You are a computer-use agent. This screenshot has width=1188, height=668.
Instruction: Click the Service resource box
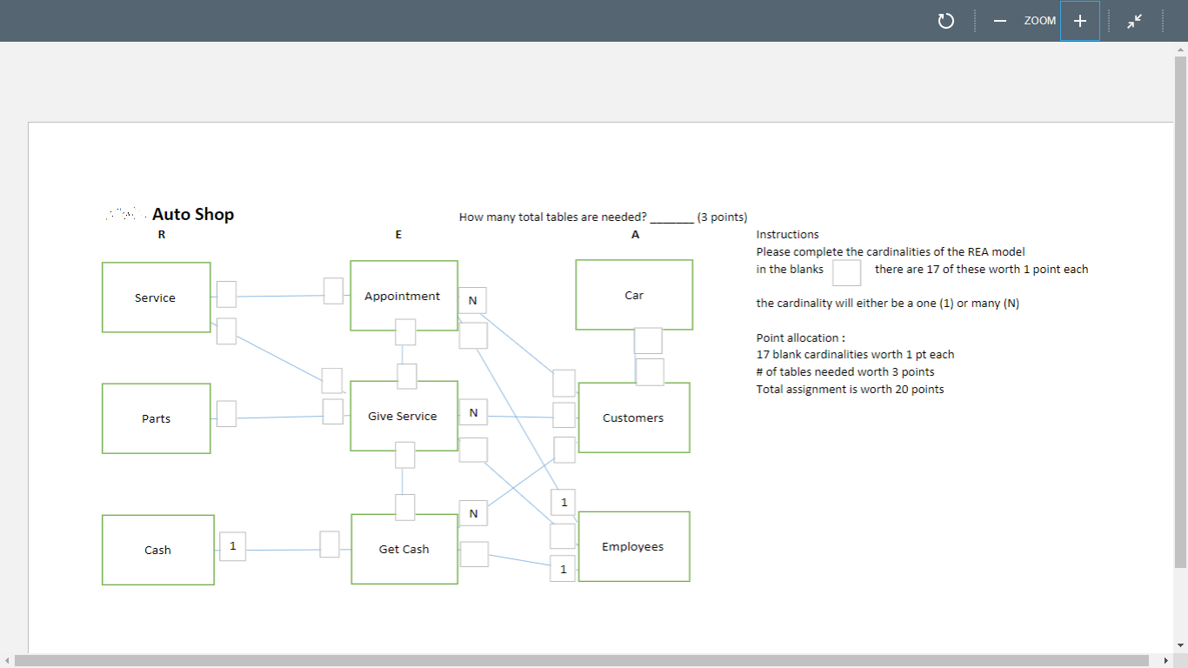[x=156, y=297]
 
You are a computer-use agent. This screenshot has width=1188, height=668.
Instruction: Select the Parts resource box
[x=156, y=418]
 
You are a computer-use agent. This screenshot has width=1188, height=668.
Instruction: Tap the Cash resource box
[x=157, y=550]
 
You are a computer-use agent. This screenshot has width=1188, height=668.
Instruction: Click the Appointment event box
[x=404, y=296]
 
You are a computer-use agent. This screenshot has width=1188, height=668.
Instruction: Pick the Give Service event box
[x=404, y=416]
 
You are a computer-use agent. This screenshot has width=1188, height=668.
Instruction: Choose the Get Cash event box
[x=404, y=549]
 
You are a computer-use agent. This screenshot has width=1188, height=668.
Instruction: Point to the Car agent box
[x=634, y=295]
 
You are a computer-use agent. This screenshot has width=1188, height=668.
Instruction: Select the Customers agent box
[x=633, y=417]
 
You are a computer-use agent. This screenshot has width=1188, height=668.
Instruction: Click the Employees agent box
[x=633, y=546]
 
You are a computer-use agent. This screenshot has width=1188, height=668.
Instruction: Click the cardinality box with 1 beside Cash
[x=232, y=546]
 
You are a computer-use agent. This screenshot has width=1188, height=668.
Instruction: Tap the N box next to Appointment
[x=472, y=300]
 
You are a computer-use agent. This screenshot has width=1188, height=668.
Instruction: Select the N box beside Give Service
[x=472, y=411]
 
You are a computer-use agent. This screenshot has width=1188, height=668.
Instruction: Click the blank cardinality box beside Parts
[x=226, y=413]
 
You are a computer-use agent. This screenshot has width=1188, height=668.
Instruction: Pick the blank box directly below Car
[x=648, y=340]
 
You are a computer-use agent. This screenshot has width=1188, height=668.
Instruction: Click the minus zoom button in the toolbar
[x=1000, y=21]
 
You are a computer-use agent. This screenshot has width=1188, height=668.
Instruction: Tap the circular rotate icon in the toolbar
[x=946, y=21]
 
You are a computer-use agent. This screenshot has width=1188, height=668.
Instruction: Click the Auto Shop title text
[x=192, y=214]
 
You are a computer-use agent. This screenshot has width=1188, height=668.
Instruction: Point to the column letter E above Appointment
[x=398, y=235]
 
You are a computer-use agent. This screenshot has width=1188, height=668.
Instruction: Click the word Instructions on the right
[x=787, y=234]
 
